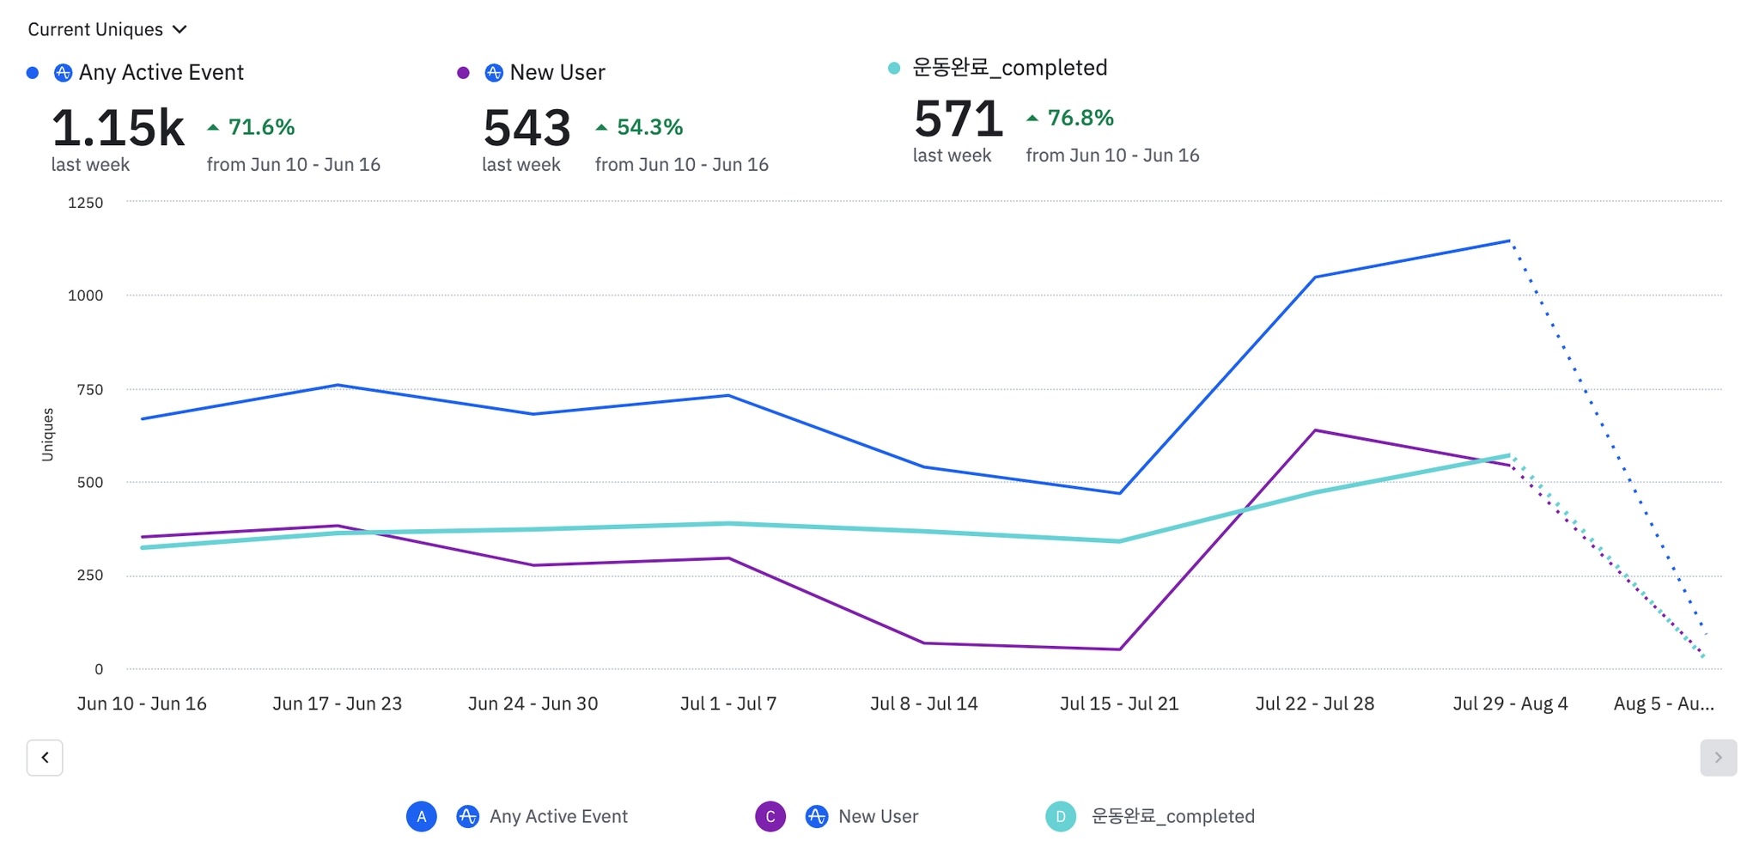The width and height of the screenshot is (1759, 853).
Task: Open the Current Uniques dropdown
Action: pyautogui.click(x=107, y=29)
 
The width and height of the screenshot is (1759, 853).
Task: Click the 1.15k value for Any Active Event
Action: pyautogui.click(x=118, y=128)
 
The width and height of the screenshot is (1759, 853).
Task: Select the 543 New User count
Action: pyautogui.click(x=526, y=128)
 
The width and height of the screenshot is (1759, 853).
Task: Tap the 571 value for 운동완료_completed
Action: pyautogui.click(x=958, y=119)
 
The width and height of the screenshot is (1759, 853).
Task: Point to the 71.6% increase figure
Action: pyautogui.click(x=261, y=127)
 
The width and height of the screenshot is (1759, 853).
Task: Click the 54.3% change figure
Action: pyautogui.click(x=649, y=127)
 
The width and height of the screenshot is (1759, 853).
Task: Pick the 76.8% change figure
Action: pyautogui.click(x=1080, y=118)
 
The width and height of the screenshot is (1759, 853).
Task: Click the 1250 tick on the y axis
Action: pyautogui.click(x=85, y=203)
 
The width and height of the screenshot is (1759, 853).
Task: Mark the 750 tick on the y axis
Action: pyautogui.click(x=89, y=389)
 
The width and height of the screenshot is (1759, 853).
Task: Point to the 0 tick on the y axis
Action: pyautogui.click(x=99, y=669)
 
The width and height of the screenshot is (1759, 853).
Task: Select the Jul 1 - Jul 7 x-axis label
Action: pyautogui.click(x=728, y=704)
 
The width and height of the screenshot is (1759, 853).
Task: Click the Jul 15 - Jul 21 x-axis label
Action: pyautogui.click(x=1119, y=704)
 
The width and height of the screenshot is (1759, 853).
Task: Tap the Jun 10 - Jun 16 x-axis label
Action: pyautogui.click(x=142, y=704)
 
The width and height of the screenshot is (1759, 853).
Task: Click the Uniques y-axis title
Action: pyautogui.click(x=48, y=435)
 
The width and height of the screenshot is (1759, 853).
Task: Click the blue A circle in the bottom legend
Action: pyautogui.click(x=421, y=816)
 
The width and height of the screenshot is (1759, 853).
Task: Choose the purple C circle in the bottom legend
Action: pyautogui.click(x=770, y=816)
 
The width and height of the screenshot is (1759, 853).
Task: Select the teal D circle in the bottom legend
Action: pyautogui.click(x=1061, y=816)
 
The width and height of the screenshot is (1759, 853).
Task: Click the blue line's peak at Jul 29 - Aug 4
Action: pyautogui.click(x=1510, y=241)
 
